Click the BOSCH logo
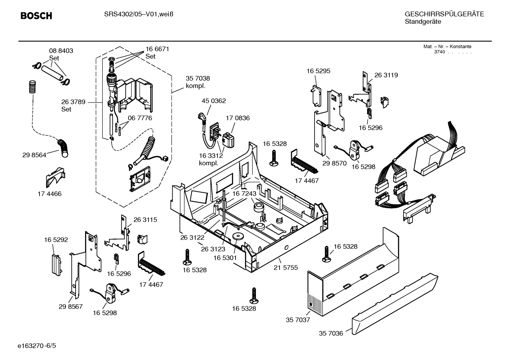tap(36, 16)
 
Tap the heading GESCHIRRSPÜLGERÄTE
tap(444, 14)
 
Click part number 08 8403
tap(61, 51)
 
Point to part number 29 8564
tap(34, 155)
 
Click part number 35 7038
tap(198, 78)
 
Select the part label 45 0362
tap(214, 101)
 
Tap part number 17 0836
tap(238, 118)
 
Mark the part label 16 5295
tap(318, 71)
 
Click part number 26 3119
tap(386, 75)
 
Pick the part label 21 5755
tap(286, 267)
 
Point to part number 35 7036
tap(331, 333)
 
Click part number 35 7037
tap(298, 320)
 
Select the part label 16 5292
tap(56, 240)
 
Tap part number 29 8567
tap(71, 306)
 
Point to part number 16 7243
tap(244, 194)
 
